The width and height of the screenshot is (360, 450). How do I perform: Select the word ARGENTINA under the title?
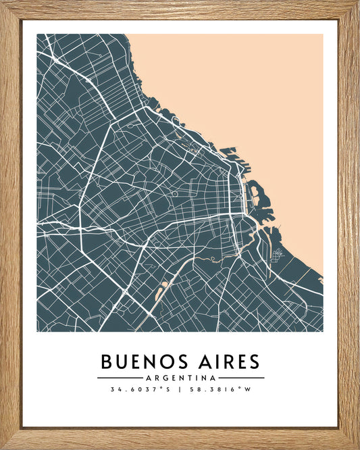tap(180, 378)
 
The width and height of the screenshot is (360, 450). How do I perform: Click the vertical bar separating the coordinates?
tap(180, 390)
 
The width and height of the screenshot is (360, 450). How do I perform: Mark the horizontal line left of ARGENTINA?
tap(120, 378)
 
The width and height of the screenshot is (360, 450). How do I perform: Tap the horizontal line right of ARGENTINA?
tap(241, 378)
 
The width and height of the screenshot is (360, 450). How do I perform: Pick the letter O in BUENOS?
tap(157, 361)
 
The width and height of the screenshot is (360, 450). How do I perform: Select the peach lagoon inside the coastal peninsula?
tap(254, 191)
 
